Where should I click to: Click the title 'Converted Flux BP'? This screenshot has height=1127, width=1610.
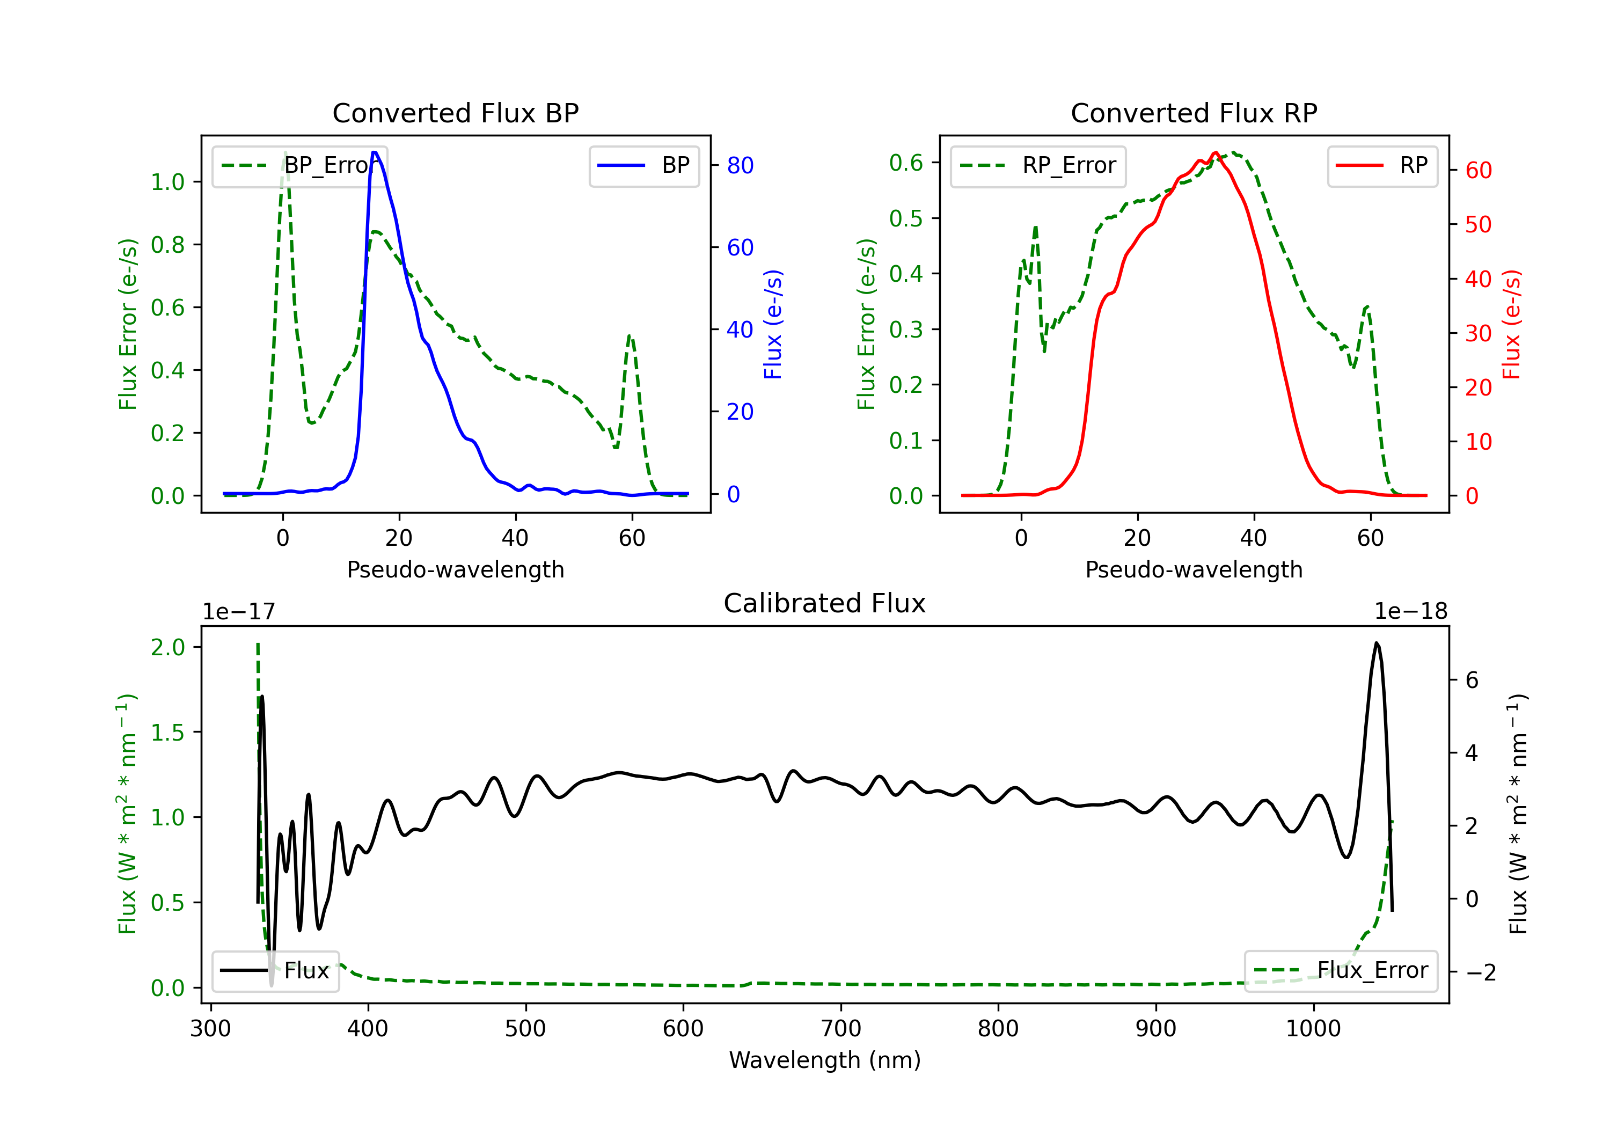pyautogui.click(x=455, y=113)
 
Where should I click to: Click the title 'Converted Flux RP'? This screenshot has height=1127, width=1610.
pyautogui.click(x=1194, y=113)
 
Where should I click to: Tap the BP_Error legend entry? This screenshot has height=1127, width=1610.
pyautogui.click(x=299, y=165)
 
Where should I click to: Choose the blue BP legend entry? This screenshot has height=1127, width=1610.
pyautogui.click(x=643, y=165)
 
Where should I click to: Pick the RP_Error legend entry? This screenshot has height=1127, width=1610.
pyautogui.click(x=1038, y=165)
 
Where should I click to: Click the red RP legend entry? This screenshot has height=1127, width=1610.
pyautogui.click(x=1382, y=165)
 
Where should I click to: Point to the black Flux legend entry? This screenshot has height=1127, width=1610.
pyautogui.click(x=275, y=971)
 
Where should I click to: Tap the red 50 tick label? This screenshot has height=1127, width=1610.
pyautogui.click(x=1478, y=225)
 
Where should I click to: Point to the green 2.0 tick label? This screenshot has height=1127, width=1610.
pyautogui.click(x=167, y=647)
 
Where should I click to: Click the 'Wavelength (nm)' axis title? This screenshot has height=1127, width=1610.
pyautogui.click(x=825, y=1060)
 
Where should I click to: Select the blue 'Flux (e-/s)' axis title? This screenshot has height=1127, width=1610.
pyautogui.click(x=773, y=325)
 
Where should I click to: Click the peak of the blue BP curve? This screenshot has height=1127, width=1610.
pyautogui.click(x=375, y=152)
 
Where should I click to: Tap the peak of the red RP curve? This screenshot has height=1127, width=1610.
pyautogui.click(x=1215, y=152)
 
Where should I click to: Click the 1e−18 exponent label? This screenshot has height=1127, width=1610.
pyautogui.click(x=1411, y=612)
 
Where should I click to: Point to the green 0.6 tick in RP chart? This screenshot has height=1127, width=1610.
pyautogui.click(x=906, y=163)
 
